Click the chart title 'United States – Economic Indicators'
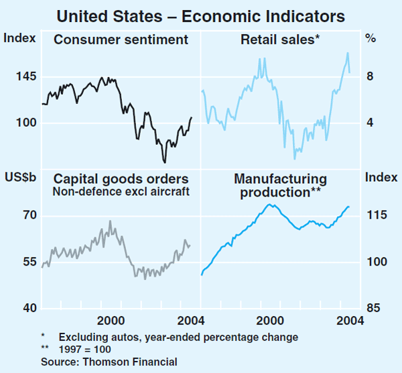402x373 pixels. click(201, 15)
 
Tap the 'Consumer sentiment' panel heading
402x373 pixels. click(121, 40)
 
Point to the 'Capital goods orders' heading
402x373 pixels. click(121, 179)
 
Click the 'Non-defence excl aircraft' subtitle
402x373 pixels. click(121, 192)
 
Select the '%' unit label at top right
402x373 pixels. click(370, 39)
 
